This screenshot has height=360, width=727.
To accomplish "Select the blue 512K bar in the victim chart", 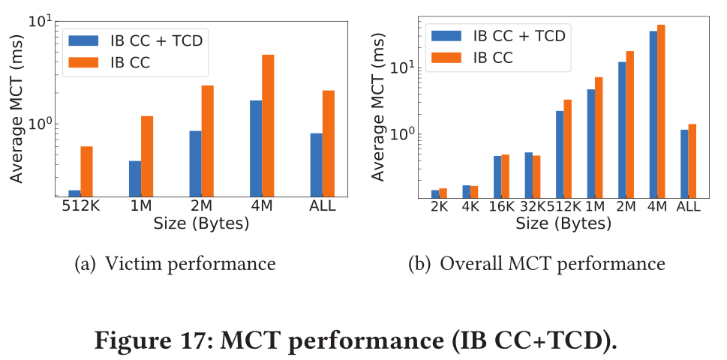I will click(74, 193).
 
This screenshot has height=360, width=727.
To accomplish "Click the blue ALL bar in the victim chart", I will click(316, 165).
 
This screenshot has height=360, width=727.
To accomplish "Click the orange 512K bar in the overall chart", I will click(568, 148).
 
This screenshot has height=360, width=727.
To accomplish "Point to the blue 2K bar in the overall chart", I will click(435, 193).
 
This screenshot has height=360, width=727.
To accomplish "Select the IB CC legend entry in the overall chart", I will click(493, 56).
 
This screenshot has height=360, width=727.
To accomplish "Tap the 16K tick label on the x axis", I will click(500, 207).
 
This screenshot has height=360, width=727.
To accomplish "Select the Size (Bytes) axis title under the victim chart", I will click(201, 223).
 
